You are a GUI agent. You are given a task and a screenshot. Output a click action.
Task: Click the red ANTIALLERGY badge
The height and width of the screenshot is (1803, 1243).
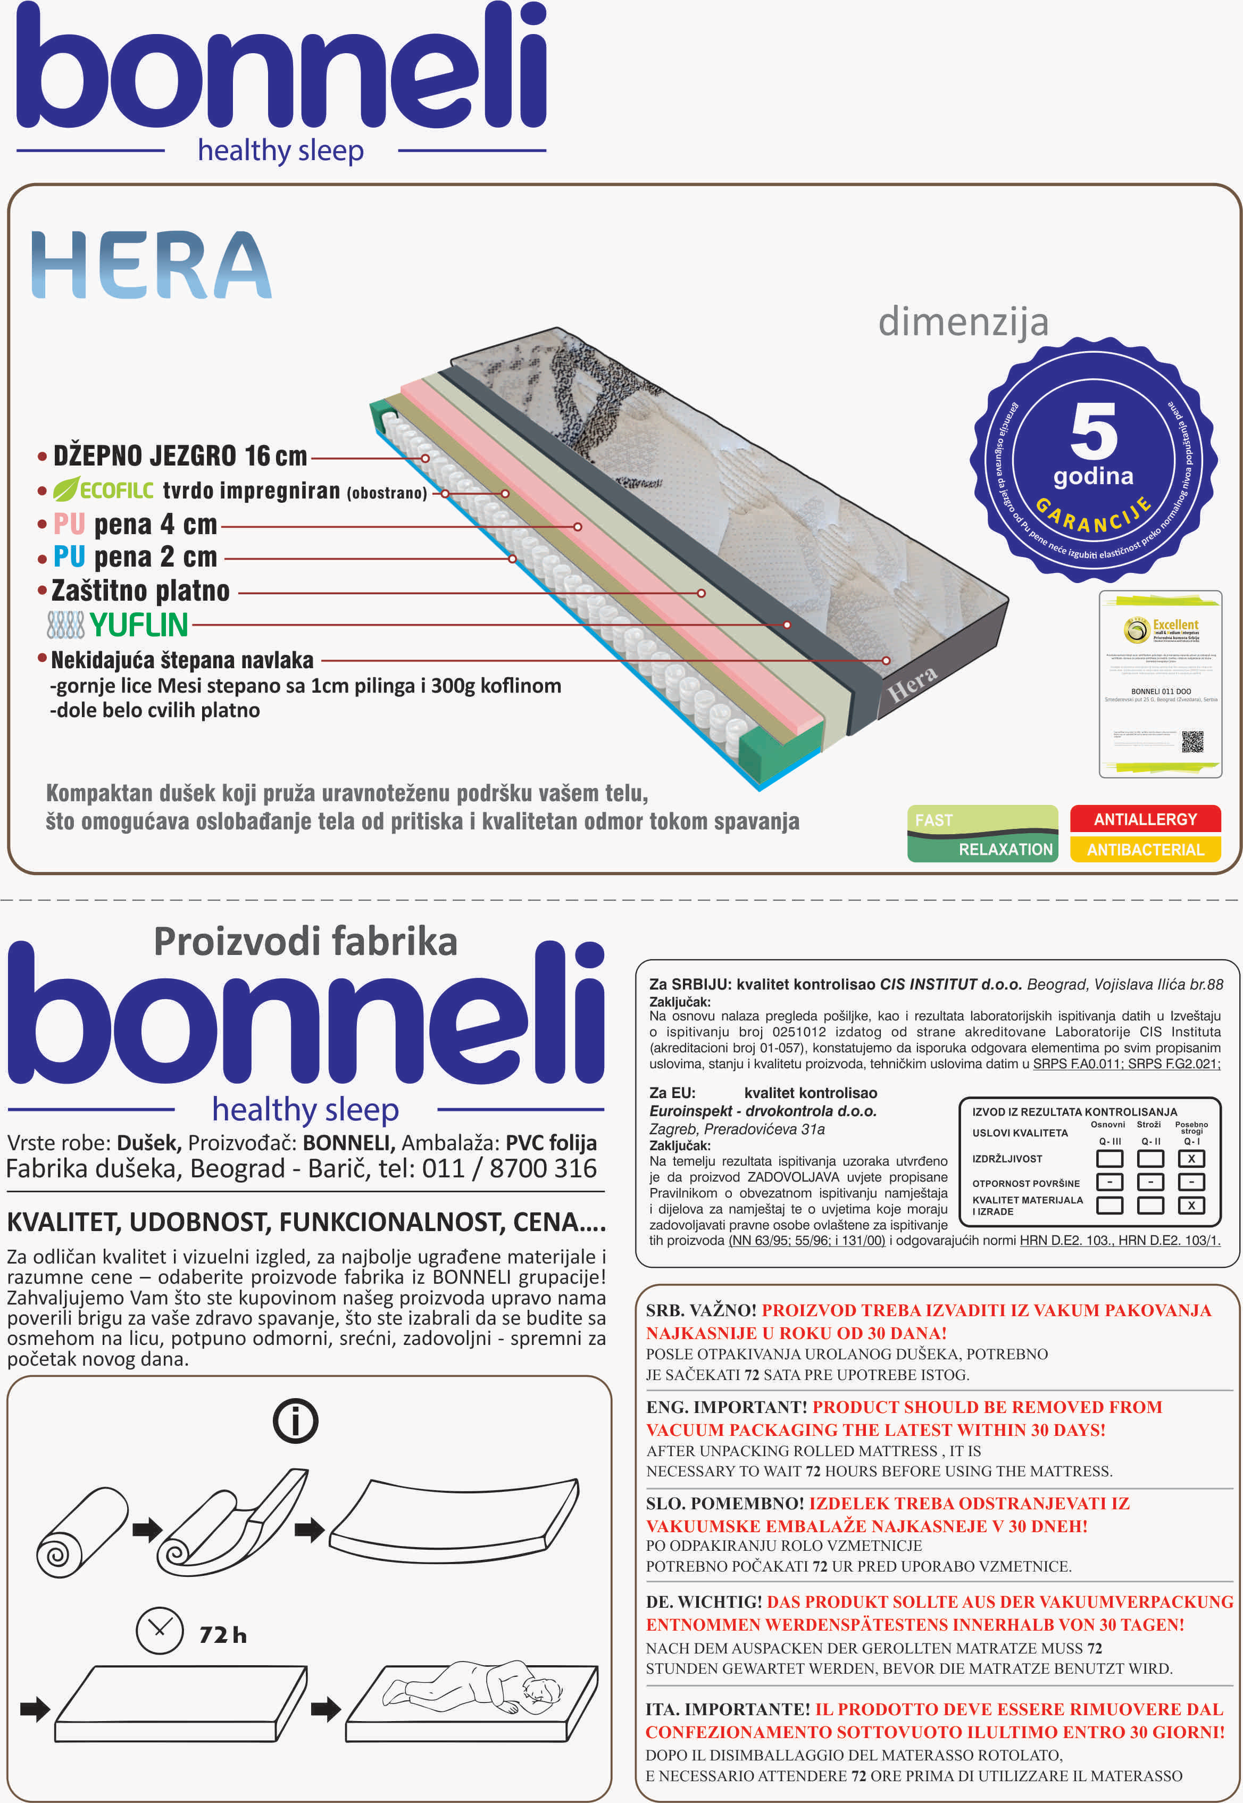[1144, 819]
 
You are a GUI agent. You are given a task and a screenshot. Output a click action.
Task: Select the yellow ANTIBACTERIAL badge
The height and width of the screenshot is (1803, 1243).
[1144, 849]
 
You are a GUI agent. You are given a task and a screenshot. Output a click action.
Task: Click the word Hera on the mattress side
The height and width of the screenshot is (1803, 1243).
[912, 683]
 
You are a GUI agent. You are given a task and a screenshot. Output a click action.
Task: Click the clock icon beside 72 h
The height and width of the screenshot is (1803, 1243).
[160, 1630]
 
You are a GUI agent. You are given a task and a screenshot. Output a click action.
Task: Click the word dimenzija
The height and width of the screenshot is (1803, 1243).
[963, 322]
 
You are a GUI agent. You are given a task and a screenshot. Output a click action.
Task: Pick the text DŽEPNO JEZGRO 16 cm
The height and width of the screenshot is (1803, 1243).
[180, 455]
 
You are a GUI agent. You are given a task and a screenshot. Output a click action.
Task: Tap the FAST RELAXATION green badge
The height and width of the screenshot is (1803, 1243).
[982, 833]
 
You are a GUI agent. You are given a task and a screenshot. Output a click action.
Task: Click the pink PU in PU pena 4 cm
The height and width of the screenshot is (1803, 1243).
[69, 524]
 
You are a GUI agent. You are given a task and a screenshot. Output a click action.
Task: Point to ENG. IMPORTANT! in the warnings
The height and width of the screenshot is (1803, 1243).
[726, 1407]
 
